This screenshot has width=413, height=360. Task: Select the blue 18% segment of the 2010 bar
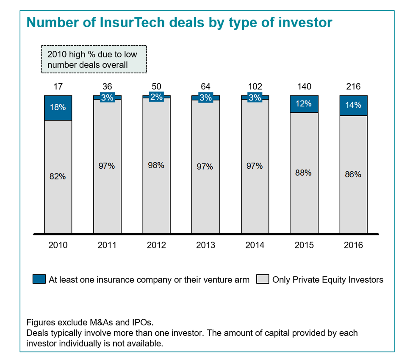[x=58, y=108]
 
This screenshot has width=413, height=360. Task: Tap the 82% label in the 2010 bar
[x=58, y=177]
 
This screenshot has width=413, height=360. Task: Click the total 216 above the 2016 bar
[x=353, y=87]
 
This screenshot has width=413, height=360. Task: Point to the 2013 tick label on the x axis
[x=205, y=246]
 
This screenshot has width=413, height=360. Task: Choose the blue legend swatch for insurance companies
[x=39, y=279]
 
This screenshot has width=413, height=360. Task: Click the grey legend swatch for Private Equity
[x=263, y=279]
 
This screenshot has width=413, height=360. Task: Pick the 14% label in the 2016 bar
[x=353, y=105]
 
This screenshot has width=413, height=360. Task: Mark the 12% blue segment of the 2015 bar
[x=304, y=104]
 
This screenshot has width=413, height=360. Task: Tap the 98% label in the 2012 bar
[x=156, y=165]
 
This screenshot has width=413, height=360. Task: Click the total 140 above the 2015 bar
[x=304, y=87]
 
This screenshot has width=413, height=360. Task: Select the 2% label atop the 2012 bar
[x=156, y=97]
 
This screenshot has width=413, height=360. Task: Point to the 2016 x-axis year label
[x=353, y=246]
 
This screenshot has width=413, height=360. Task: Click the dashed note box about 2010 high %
[x=94, y=59]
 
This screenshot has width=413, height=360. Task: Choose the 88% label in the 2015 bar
[x=304, y=173]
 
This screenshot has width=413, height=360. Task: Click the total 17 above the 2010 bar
[x=58, y=87]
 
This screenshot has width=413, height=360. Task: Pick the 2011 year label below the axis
[x=107, y=246]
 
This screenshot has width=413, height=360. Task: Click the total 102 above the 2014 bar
[x=255, y=87]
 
